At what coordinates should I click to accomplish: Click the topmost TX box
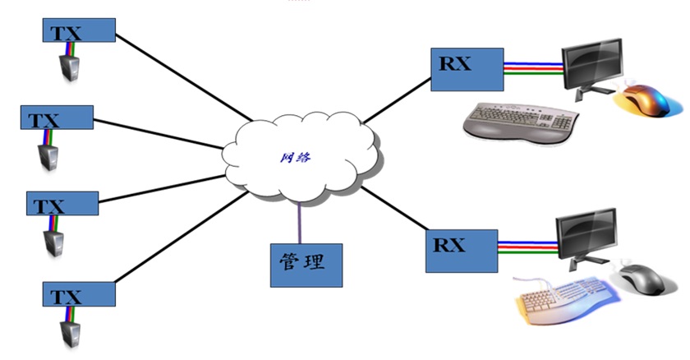(x=79, y=31)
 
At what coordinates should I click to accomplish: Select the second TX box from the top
(x=57, y=118)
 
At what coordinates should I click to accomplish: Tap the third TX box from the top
(x=62, y=203)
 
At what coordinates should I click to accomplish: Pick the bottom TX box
(x=79, y=293)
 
